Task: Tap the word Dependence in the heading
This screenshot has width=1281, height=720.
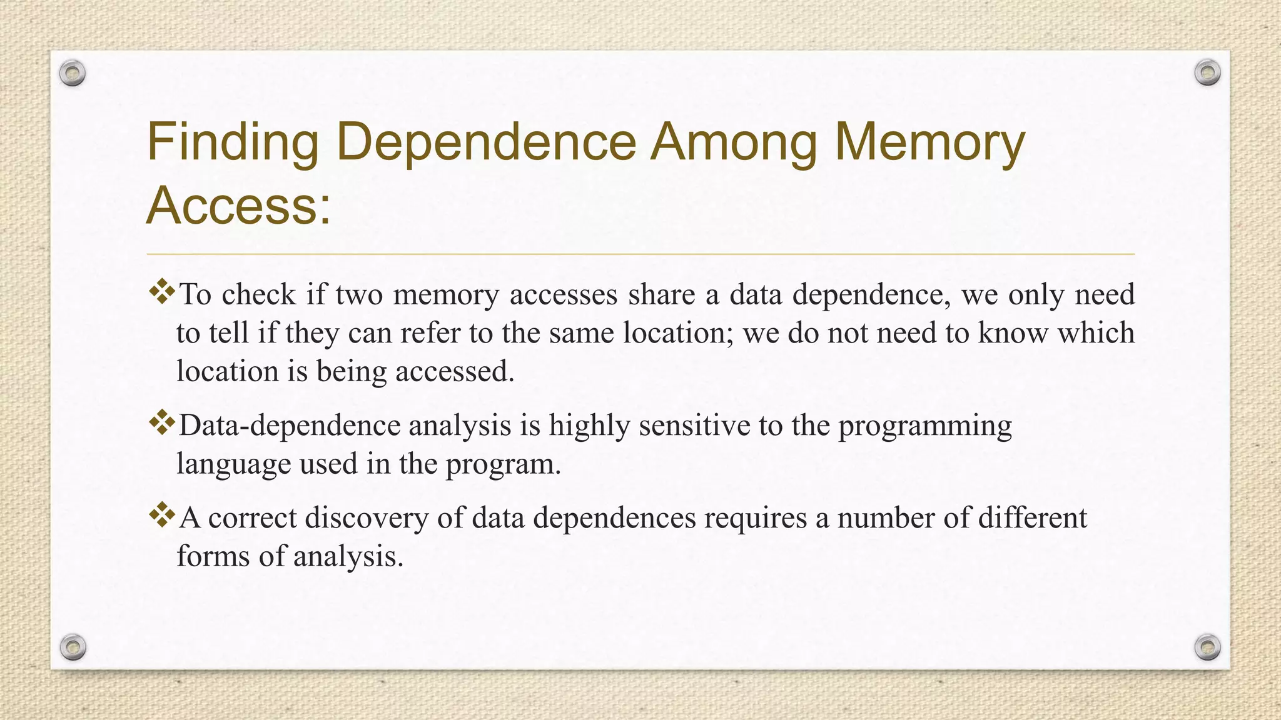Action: [486, 142]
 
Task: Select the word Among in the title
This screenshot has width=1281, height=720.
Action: [734, 142]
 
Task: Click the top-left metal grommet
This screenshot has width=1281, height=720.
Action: [73, 74]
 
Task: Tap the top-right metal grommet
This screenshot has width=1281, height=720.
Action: [1207, 73]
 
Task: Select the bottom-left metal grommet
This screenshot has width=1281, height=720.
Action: [73, 647]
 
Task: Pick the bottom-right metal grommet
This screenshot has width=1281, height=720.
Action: [1207, 647]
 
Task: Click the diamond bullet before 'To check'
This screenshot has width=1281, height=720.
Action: [162, 292]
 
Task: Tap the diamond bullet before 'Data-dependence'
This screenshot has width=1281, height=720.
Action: [162, 423]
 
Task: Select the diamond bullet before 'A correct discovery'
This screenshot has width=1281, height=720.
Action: [162, 515]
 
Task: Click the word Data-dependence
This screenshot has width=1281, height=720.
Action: [290, 426]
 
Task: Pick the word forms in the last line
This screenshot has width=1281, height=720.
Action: [213, 556]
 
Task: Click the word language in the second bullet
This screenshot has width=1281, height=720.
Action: [233, 464]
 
